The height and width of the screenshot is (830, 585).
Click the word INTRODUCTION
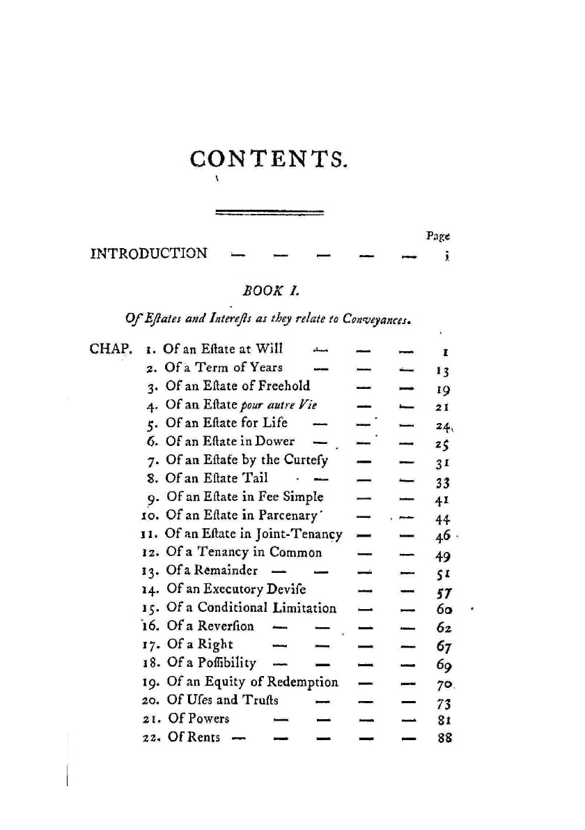coord(149,252)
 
